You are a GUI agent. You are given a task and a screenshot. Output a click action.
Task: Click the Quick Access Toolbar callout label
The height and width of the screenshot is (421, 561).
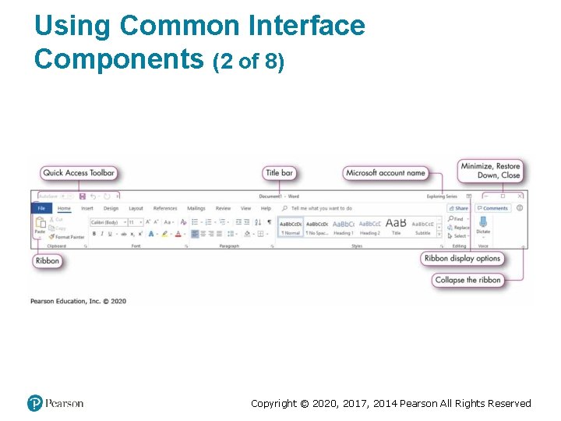(79, 172)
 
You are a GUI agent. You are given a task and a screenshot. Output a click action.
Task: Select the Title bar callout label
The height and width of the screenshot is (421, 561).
(280, 172)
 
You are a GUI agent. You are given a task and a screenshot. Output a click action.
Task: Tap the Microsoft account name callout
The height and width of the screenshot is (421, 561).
(386, 172)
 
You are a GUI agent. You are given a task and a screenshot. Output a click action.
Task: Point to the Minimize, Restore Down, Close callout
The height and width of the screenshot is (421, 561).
(490, 170)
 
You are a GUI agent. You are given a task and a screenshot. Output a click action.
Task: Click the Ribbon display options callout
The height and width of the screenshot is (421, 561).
(462, 258)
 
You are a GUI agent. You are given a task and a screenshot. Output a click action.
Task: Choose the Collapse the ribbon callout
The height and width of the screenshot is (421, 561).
(467, 280)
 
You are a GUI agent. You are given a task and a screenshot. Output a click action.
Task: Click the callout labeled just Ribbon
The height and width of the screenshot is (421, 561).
(48, 260)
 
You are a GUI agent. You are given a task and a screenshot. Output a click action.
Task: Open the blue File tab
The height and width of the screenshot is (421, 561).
(41, 208)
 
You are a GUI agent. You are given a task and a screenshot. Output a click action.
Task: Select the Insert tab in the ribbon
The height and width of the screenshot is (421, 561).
(87, 208)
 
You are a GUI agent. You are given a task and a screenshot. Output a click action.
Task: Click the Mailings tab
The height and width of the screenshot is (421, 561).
(196, 208)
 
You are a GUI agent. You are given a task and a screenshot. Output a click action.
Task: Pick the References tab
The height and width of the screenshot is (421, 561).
(165, 208)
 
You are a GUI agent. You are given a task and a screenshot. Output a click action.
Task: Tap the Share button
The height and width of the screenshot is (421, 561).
(460, 208)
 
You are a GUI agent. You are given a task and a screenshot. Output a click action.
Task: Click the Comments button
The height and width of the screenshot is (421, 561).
(493, 208)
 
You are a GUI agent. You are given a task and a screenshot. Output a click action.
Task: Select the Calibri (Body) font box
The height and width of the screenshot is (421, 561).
(107, 222)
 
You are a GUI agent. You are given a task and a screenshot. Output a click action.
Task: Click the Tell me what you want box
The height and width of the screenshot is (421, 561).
(321, 208)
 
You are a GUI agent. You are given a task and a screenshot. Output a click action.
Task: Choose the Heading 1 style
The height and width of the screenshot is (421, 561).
(344, 227)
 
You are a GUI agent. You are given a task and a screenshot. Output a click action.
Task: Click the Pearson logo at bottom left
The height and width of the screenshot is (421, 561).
(55, 403)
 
